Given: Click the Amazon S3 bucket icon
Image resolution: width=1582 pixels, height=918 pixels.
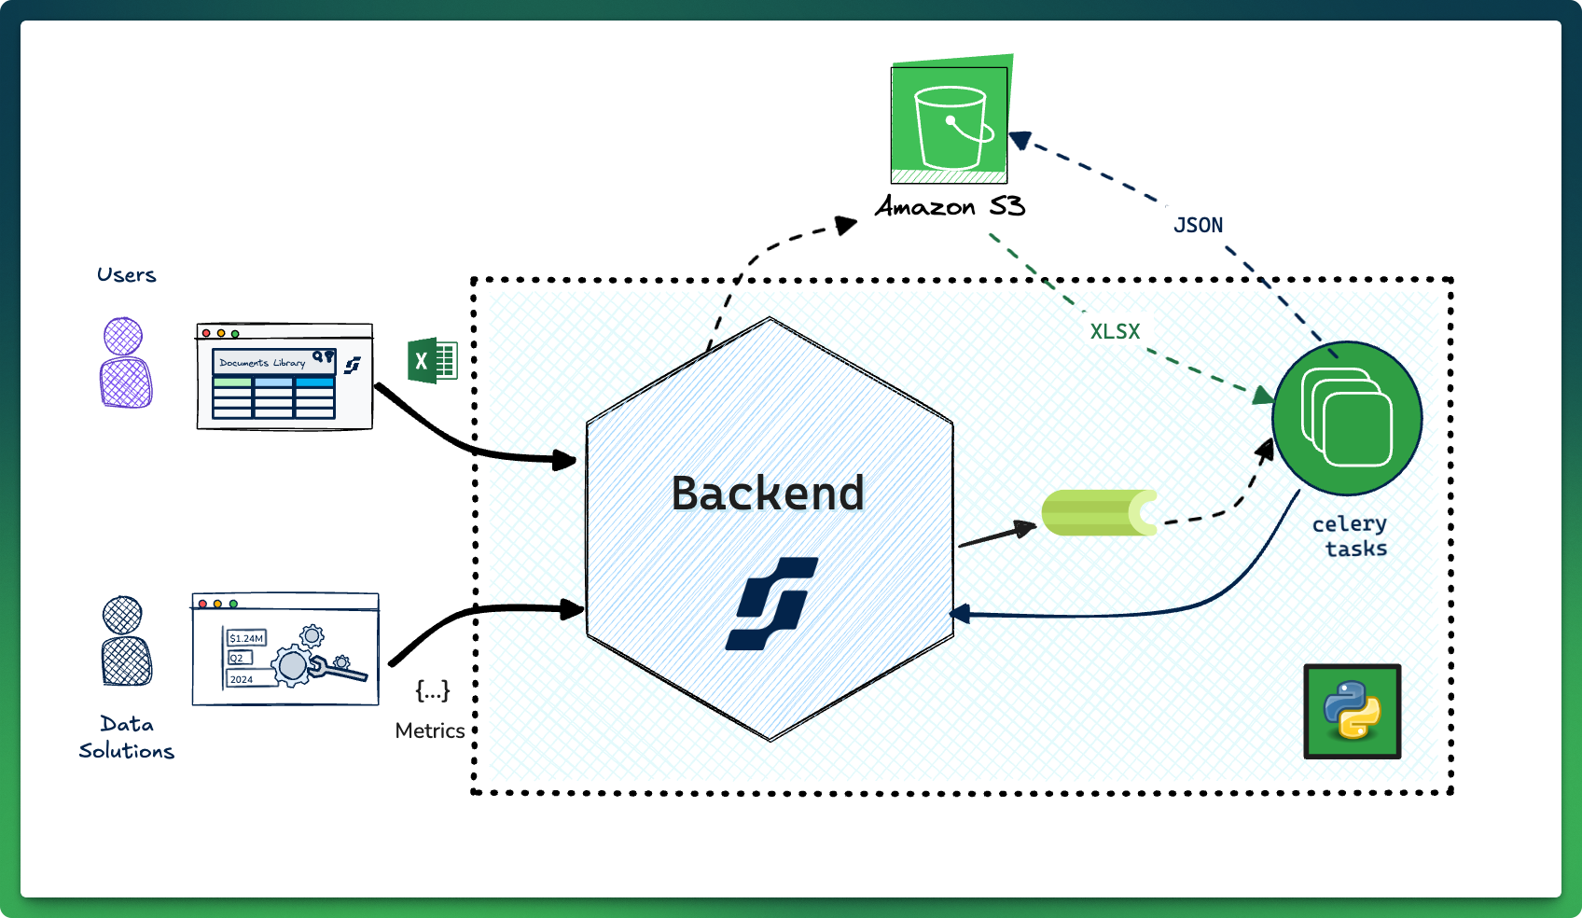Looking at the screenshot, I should click(950, 123).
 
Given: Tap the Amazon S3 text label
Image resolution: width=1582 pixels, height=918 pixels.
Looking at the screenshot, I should click(950, 206).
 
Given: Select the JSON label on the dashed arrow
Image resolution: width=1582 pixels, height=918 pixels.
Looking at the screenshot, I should click(1198, 225).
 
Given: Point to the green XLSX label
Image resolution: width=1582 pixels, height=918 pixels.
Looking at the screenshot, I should click(1115, 331).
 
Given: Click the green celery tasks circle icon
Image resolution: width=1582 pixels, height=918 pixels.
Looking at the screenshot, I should click(1347, 418).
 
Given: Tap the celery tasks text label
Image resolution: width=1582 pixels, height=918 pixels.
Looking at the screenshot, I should click(1350, 536).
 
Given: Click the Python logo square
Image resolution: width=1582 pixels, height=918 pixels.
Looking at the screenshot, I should click(1352, 711).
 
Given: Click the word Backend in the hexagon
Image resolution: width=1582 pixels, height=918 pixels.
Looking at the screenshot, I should click(768, 494).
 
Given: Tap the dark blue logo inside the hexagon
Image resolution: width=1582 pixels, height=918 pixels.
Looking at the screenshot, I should click(771, 603).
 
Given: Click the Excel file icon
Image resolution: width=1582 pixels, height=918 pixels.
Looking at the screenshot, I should click(432, 360).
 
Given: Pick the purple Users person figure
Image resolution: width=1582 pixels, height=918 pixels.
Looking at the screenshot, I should click(125, 363).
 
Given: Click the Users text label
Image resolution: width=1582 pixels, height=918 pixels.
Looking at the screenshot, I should click(126, 275).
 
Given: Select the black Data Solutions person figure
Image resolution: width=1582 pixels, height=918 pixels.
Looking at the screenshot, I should click(126, 641).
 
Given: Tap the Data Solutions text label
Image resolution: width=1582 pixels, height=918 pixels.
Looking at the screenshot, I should click(126, 737).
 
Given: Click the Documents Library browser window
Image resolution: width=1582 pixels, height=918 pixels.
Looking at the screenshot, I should click(284, 376).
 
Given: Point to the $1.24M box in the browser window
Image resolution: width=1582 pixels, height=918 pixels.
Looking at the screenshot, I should click(246, 638).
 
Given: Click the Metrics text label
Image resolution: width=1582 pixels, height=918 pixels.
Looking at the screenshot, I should click(429, 730).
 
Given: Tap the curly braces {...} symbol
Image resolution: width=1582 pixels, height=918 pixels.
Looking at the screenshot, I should click(432, 690).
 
